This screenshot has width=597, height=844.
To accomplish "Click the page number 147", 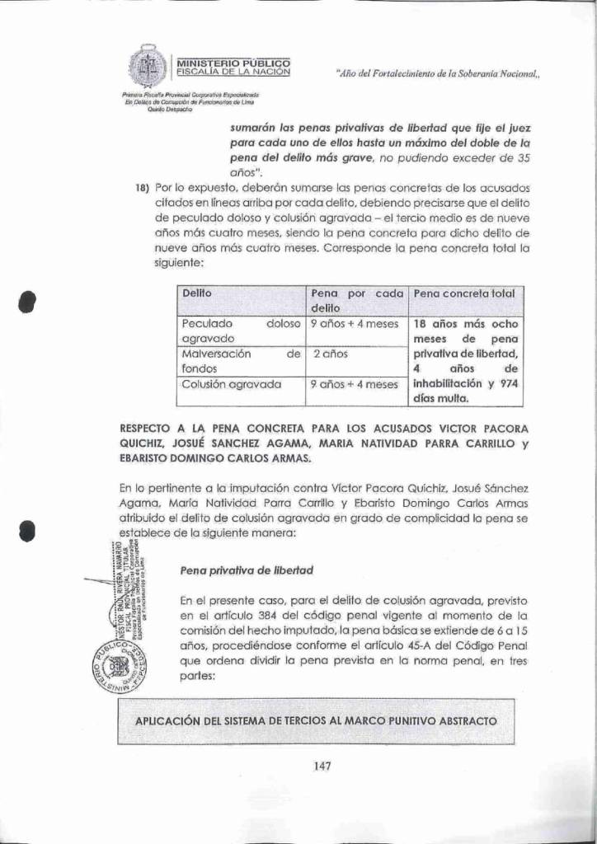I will [322, 767].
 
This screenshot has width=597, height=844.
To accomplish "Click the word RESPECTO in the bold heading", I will [147, 429].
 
